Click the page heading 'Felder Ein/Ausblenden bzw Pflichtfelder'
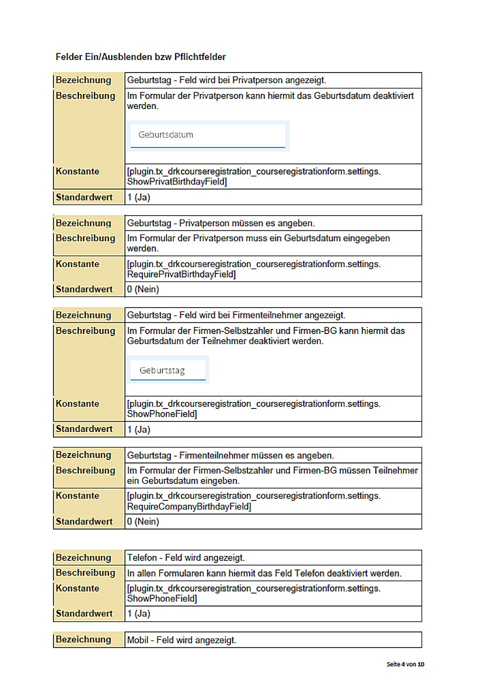140,57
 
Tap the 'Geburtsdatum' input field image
207,135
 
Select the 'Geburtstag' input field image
167,370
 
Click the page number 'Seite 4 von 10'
405,664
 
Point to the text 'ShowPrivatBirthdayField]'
177,182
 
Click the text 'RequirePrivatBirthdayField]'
181,274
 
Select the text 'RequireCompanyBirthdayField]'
189,506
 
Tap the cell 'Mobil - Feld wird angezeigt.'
181,640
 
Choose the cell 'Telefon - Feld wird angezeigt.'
186,558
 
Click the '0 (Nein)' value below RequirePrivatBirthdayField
143,289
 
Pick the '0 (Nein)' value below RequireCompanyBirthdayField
143,521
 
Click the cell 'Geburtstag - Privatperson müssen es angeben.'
221,223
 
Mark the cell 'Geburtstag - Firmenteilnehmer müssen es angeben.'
230,455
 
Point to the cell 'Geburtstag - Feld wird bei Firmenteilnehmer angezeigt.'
236,315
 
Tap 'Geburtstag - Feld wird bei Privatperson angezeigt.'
226,80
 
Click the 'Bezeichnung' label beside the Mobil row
83,639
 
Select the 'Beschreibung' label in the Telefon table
85,573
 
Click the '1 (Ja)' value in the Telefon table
138,613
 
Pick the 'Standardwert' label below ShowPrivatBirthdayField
84,197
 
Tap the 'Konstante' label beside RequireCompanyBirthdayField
77,496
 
